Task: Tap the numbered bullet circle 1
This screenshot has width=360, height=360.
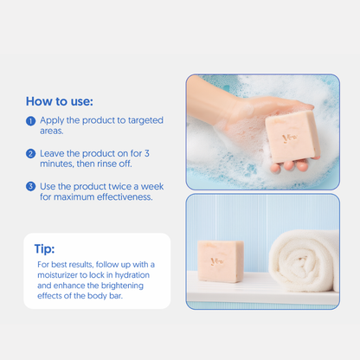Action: [x=31, y=120]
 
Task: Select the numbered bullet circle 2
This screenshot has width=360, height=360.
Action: [x=31, y=153]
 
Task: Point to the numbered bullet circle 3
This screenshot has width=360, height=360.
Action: [x=31, y=186]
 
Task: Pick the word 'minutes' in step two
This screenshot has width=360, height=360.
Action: [x=60, y=164]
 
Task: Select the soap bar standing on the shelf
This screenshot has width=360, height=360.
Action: [x=220, y=260]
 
